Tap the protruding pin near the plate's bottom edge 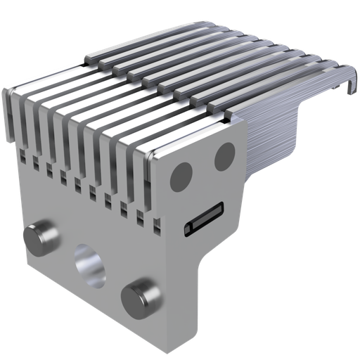pyautogui.click(x=139, y=297)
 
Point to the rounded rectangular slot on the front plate pyautogui.click(x=203, y=218)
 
